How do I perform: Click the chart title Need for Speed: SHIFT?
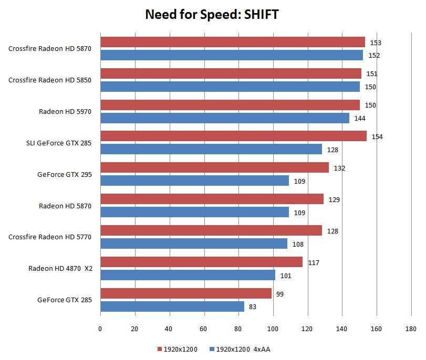(x=212, y=15)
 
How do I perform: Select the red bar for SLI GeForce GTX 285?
(x=233, y=136)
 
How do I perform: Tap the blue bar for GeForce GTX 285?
(x=172, y=306)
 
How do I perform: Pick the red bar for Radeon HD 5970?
(x=230, y=105)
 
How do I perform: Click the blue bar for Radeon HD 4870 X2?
(x=188, y=275)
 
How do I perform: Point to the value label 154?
(x=377, y=137)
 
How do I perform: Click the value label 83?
(x=253, y=307)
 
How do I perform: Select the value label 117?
(x=314, y=263)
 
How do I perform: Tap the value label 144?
(x=360, y=119)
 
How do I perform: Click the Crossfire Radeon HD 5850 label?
(x=50, y=80)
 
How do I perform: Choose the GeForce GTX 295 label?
(x=65, y=175)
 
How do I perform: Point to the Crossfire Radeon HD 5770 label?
(x=50, y=237)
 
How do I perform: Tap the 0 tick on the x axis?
(x=100, y=329)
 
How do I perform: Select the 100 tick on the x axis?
(x=273, y=329)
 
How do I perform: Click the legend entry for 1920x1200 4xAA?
(x=239, y=349)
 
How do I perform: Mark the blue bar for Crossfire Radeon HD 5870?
(x=232, y=55)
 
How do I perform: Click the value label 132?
(x=339, y=168)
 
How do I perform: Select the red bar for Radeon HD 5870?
(x=212, y=199)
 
